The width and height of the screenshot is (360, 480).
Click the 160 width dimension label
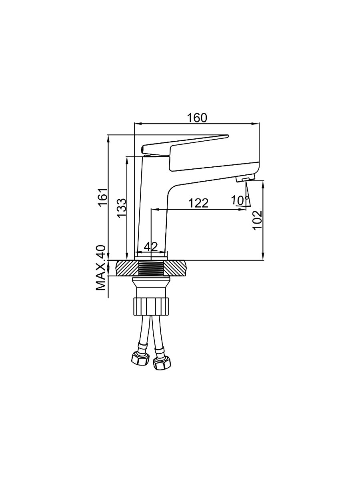(197, 118)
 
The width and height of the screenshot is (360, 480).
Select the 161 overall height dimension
(103, 197)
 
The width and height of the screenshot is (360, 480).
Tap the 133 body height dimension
(122, 208)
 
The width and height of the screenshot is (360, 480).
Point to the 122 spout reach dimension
(198, 203)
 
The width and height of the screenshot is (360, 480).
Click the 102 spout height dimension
(257, 220)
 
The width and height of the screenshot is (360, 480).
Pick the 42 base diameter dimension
(151, 247)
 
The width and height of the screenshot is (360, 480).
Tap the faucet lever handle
(185, 146)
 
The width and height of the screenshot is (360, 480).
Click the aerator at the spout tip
(245, 178)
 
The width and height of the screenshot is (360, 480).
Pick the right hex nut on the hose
(162, 364)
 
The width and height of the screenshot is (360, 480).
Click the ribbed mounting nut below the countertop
(151, 306)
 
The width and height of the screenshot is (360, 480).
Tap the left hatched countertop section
(128, 268)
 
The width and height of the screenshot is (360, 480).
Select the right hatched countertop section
(176, 268)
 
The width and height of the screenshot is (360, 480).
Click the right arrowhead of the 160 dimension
(256, 124)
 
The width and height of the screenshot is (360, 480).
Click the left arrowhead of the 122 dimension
(154, 210)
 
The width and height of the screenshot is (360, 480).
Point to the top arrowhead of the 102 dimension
(263, 184)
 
